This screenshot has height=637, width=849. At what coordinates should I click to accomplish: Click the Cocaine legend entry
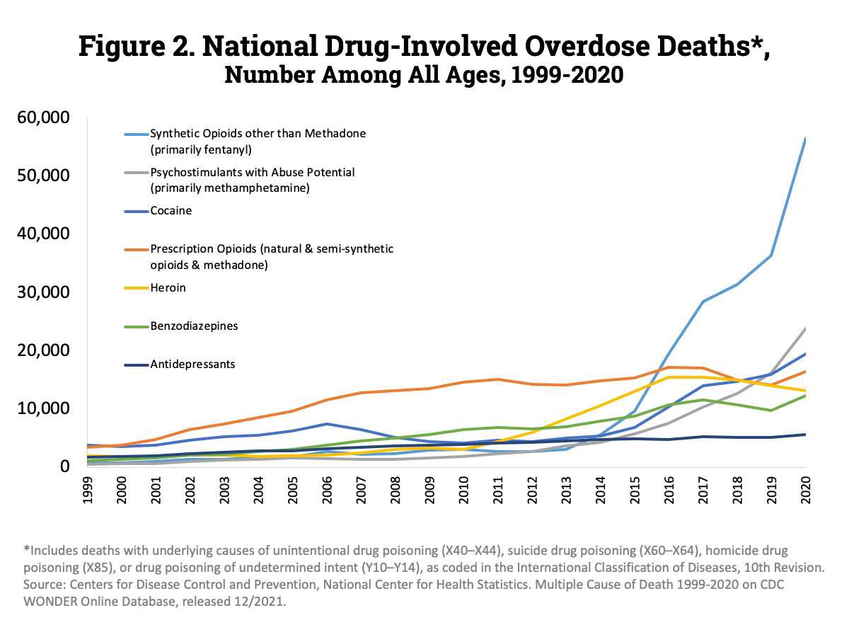[171, 211]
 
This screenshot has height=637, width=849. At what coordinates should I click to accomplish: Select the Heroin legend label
[168, 288]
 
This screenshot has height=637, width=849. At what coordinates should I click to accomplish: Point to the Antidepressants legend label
[192, 365]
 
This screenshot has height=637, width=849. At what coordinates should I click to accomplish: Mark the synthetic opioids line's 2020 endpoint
[805, 139]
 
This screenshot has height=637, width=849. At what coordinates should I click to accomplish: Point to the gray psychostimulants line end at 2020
[805, 328]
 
